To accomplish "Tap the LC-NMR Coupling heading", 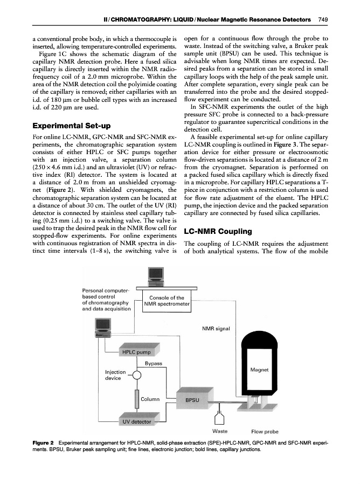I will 218,231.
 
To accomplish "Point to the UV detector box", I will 137,420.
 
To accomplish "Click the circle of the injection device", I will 136,375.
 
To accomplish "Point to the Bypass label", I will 154,364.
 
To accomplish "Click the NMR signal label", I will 216,328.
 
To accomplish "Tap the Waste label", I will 219,431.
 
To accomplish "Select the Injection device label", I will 115,375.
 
